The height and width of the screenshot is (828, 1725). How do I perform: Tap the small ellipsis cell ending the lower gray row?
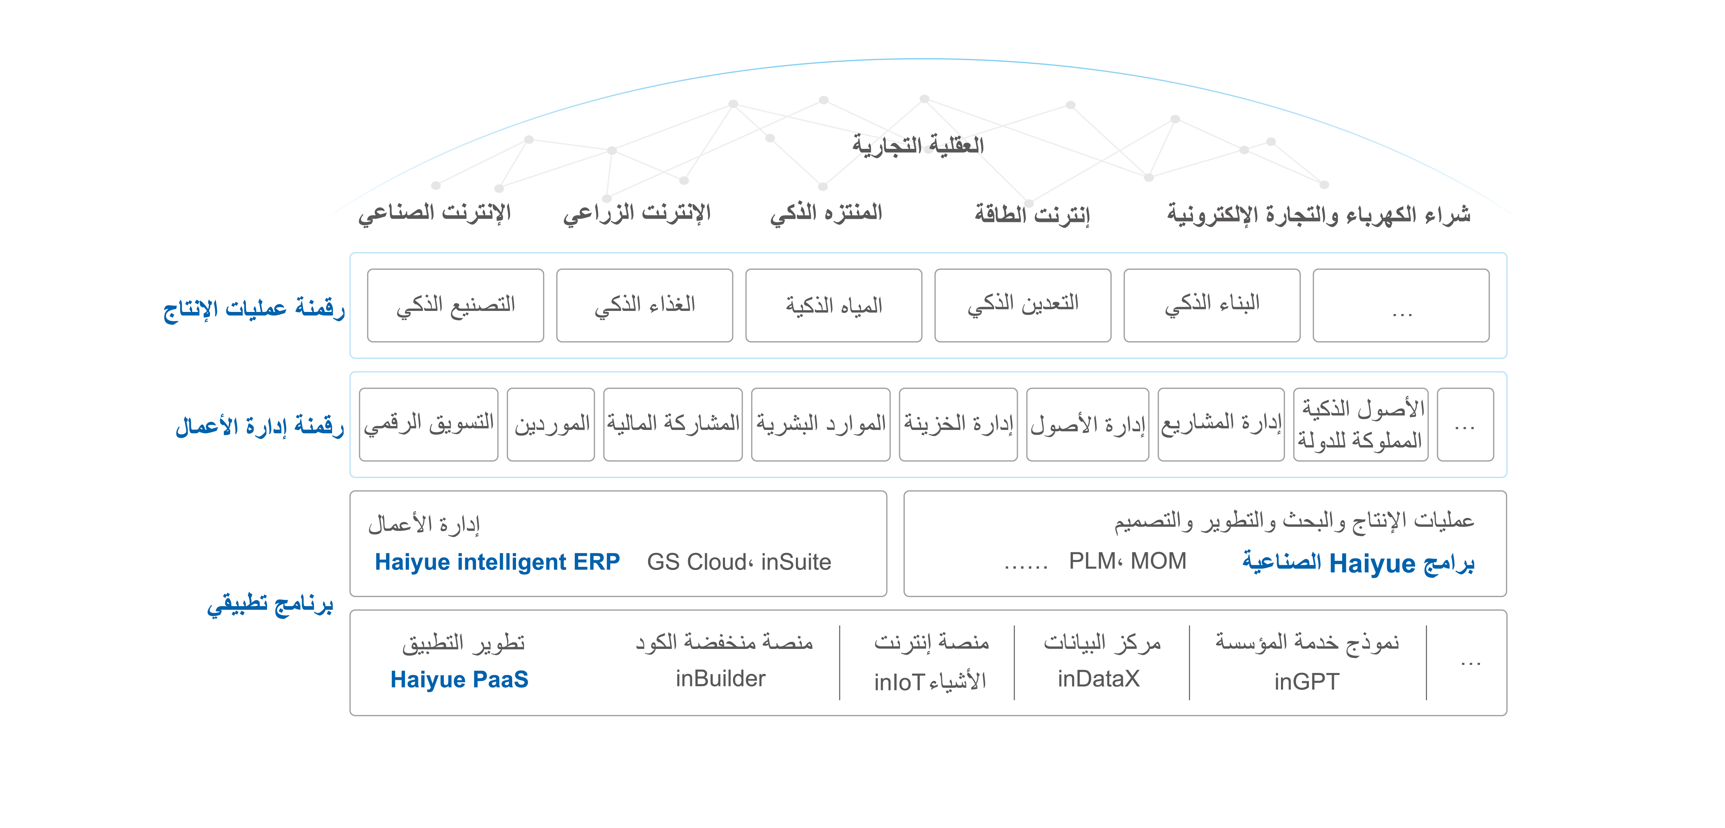1465,426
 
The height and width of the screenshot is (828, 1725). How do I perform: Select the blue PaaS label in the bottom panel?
469,677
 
